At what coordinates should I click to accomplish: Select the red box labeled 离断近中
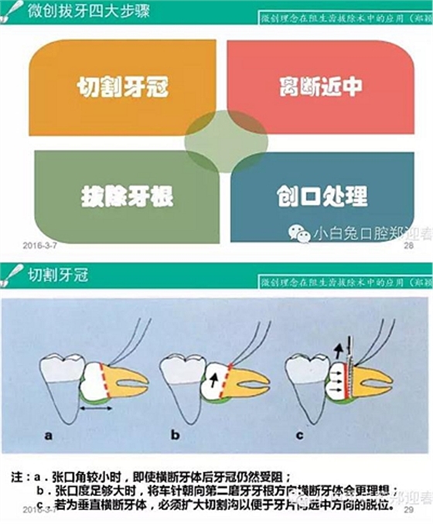point(321,86)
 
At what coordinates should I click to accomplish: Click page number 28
point(408,245)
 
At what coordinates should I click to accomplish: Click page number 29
point(408,510)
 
